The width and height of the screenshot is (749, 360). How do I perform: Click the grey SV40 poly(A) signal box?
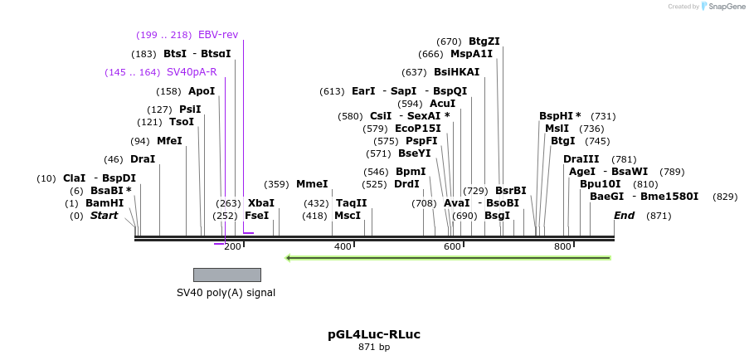click(x=226, y=275)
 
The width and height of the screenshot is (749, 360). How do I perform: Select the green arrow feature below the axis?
click(x=448, y=258)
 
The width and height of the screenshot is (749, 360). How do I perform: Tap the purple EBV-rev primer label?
click(x=218, y=35)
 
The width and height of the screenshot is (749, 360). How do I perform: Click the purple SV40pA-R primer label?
click(x=192, y=72)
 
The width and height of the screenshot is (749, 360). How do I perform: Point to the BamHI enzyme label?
click(x=105, y=203)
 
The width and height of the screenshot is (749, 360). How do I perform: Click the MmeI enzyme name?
click(x=312, y=184)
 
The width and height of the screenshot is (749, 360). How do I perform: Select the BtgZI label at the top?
click(x=484, y=41)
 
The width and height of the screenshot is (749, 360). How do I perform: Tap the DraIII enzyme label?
click(x=581, y=159)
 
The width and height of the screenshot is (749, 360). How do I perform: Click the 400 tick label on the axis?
click(x=343, y=246)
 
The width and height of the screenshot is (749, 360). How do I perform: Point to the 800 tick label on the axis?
click(x=562, y=246)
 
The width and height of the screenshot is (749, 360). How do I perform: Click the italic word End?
click(x=624, y=216)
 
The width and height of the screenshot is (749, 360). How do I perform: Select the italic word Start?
click(x=105, y=216)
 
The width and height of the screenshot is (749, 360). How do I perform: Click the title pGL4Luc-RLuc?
click(x=374, y=334)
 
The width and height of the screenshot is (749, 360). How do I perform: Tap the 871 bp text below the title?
click(x=374, y=347)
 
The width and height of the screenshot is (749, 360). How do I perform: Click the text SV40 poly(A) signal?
click(x=226, y=292)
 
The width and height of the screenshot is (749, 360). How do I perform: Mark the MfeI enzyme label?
click(x=169, y=141)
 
